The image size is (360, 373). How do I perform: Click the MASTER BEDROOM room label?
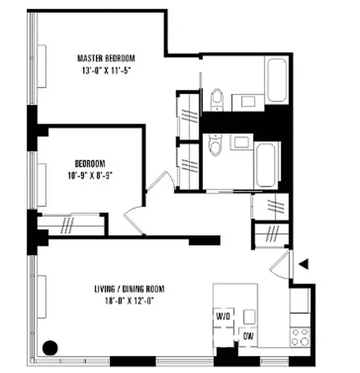(106, 59)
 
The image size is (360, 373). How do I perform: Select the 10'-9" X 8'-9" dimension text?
(90, 176)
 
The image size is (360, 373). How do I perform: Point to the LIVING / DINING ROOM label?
(129, 289)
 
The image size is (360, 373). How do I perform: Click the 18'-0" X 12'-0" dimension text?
(129, 301)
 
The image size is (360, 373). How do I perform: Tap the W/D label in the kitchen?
(223, 317)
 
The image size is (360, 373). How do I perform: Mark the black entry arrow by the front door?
(304, 264)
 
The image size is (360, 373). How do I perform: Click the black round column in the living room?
(50, 347)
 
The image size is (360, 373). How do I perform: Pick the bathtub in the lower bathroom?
(267, 165)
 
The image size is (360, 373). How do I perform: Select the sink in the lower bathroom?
(242, 142)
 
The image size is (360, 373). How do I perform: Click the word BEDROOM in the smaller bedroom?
(90, 164)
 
